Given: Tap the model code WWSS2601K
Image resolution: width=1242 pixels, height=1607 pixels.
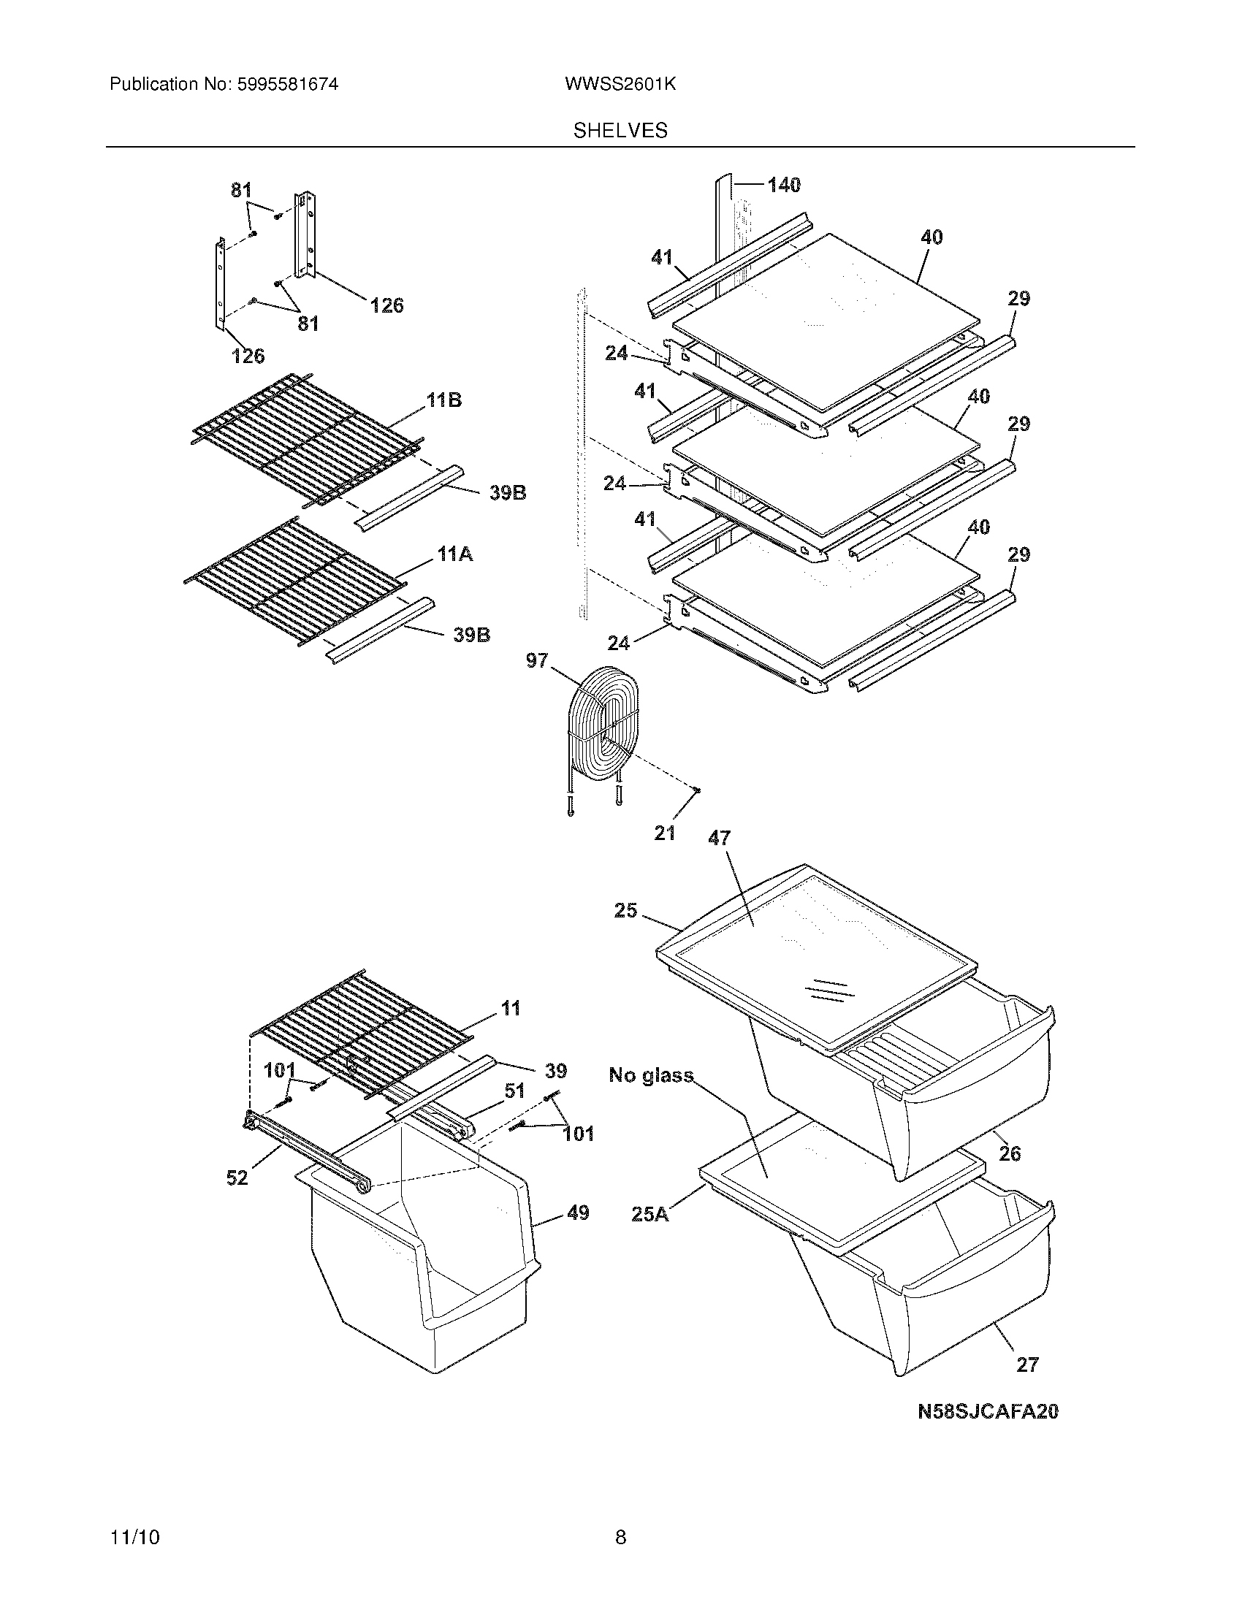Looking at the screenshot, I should pyautogui.click(x=620, y=85).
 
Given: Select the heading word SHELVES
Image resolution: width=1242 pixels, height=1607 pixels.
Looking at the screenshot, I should pyautogui.click(x=620, y=131).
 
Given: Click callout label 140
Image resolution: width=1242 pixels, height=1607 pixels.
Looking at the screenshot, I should pyautogui.click(x=784, y=185).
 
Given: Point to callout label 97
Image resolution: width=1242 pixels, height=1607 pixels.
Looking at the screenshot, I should pyautogui.click(x=537, y=661).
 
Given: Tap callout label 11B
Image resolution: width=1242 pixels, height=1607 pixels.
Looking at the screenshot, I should pyautogui.click(x=444, y=400).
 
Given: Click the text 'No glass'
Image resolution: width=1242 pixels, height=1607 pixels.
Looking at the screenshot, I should pyautogui.click(x=651, y=1075).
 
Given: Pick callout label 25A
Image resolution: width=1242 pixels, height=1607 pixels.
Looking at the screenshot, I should pyautogui.click(x=650, y=1213).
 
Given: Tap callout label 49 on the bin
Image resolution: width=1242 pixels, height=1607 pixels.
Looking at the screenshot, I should pyautogui.click(x=579, y=1213).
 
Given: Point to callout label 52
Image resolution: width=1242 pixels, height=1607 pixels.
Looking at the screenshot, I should pyautogui.click(x=237, y=1178).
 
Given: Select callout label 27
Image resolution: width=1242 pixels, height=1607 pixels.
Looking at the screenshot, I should pyautogui.click(x=1027, y=1365).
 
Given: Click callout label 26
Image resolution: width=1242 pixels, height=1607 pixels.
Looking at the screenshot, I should pyautogui.click(x=1010, y=1153).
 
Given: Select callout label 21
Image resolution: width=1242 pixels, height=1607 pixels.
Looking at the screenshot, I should pyautogui.click(x=664, y=833).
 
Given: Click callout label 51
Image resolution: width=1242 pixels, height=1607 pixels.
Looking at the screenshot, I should pyautogui.click(x=514, y=1091).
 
